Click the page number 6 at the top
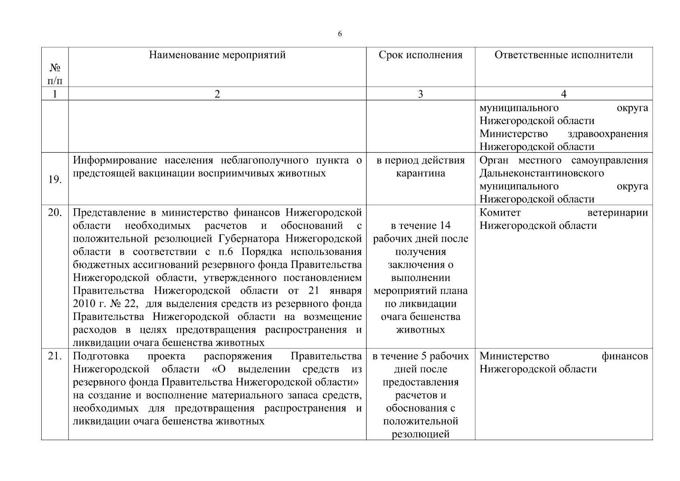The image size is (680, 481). (340, 34)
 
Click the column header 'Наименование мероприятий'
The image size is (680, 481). (217, 55)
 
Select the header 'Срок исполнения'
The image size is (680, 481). (420, 55)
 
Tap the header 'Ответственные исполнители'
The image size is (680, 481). (563, 55)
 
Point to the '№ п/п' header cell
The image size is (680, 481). (55, 75)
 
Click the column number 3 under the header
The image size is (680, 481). (420, 94)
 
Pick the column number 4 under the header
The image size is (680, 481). (563, 94)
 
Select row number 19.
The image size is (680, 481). (54, 180)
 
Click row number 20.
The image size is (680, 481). (54, 212)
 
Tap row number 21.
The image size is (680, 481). (54, 356)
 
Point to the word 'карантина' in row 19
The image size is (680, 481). (420, 174)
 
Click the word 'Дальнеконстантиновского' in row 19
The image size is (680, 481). (542, 174)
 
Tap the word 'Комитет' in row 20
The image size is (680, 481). (500, 212)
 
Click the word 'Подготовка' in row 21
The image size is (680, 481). (101, 356)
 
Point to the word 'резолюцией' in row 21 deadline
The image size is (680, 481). (420, 434)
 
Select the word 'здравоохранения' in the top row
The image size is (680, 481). (608, 134)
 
